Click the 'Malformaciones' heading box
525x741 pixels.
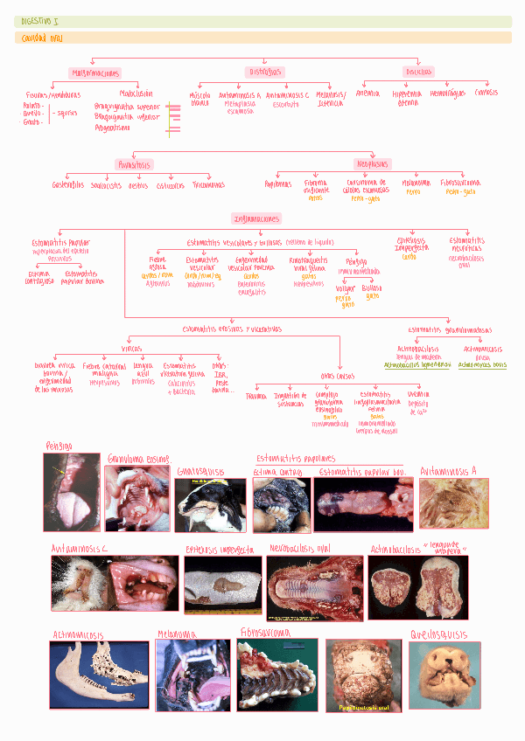(96, 73)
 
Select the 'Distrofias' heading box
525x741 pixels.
(265, 72)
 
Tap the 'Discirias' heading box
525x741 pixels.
(418, 72)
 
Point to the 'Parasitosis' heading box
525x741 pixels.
(134, 164)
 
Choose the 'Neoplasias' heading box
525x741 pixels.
(373, 164)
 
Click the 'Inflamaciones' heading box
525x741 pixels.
(256, 218)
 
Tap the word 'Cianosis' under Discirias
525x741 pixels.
(486, 92)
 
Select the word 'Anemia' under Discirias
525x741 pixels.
(368, 93)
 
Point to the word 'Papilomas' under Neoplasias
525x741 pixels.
(278, 184)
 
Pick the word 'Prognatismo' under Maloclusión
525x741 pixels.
(113, 127)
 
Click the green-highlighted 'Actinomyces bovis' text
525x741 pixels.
(482, 364)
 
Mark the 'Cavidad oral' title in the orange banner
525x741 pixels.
(42, 38)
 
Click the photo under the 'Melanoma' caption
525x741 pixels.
(192, 674)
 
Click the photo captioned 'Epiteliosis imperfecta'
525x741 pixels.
(223, 584)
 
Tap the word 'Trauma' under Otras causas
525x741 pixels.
(256, 396)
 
